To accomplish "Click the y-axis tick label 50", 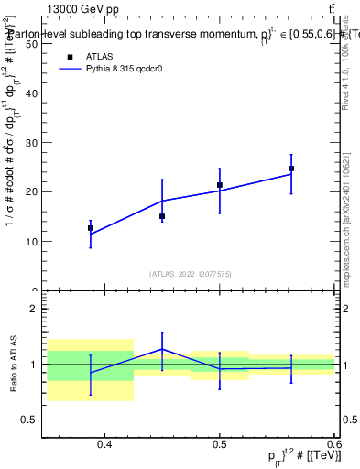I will pyautogui.click(x=31, y=93).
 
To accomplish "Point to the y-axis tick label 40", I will pyautogui.click(x=31, y=43).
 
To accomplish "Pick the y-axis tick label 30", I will pyautogui.click(x=31, y=142).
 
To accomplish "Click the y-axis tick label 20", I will pyautogui.click(x=31, y=191).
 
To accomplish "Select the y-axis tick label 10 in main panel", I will pyautogui.click(x=31, y=242).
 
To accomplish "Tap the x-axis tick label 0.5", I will pyautogui.click(x=220, y=445).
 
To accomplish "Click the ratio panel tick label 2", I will pyautogui.click(x=35, y=309).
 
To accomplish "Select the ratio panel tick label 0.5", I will pyautogui.click(x=31, y=420).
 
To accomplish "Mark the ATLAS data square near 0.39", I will pyautogui.click(x=91, y=228).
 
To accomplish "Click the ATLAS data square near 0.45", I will pyautogui.click(x=162, y=216).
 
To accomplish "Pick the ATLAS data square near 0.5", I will pyautogui.click(x=220, y=185).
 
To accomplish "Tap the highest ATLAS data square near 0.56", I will pyautogui.click(x=291, y=169).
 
